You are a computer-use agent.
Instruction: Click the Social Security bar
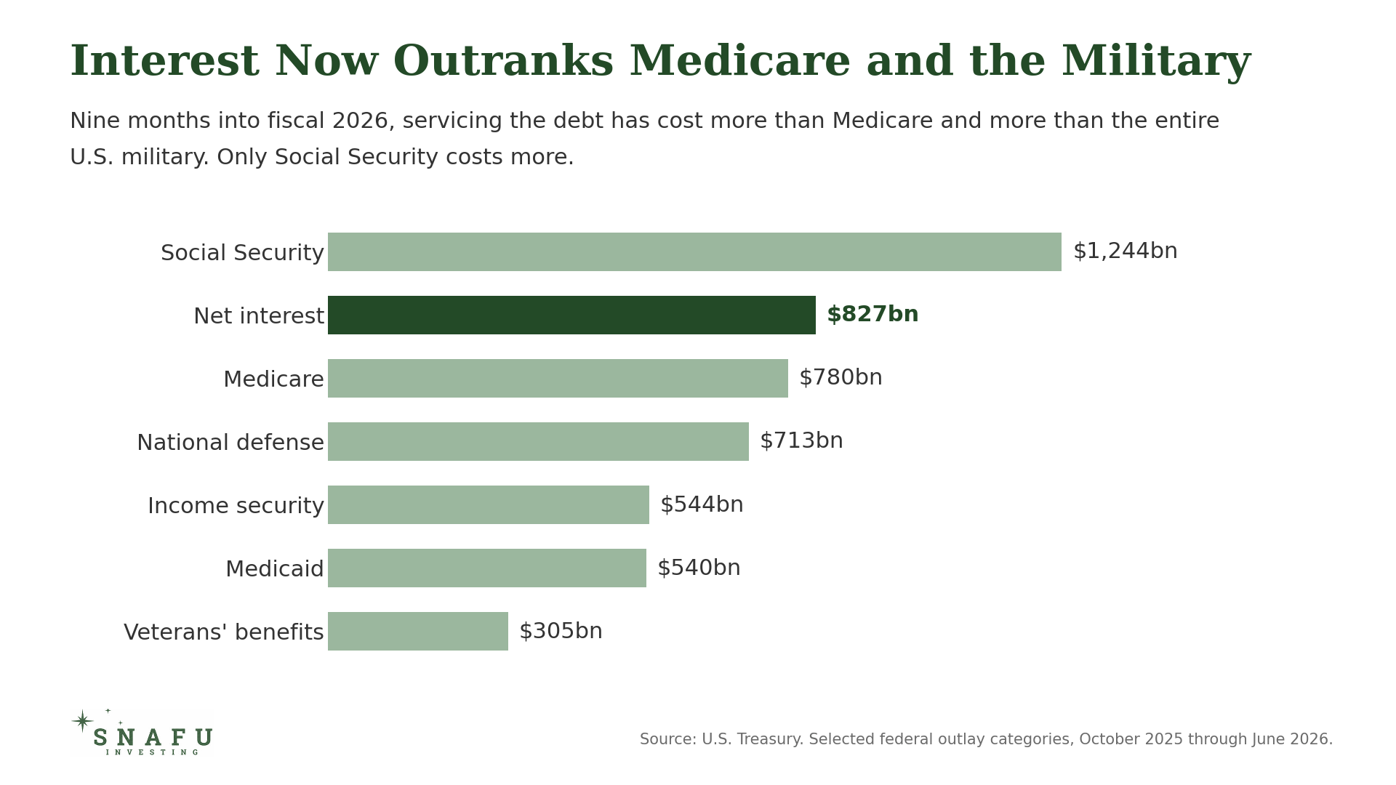(694, 251)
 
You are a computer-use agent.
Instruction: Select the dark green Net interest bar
(571, 315)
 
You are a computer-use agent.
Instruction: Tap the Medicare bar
(558, 378)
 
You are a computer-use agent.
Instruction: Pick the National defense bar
(538, 441)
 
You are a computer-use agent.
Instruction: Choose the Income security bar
(489, 504)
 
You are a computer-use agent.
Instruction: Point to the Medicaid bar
(487, 568)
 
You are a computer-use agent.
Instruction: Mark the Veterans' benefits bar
(418, 631)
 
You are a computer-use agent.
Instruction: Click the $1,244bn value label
(1125, 251)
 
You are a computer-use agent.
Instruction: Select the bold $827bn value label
(872, 315)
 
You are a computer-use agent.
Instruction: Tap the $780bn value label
(841, 378)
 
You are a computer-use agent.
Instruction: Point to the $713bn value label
(801, 441)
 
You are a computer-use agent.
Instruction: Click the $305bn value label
(561, 631)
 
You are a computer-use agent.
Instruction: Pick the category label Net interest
(259, 316)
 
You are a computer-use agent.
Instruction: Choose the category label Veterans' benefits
(224, 632)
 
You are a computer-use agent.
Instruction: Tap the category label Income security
(236, 506)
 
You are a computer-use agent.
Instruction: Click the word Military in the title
(1156, 63)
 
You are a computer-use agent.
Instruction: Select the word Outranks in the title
(504, 63)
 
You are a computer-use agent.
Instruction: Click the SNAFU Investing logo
(143, 733)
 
